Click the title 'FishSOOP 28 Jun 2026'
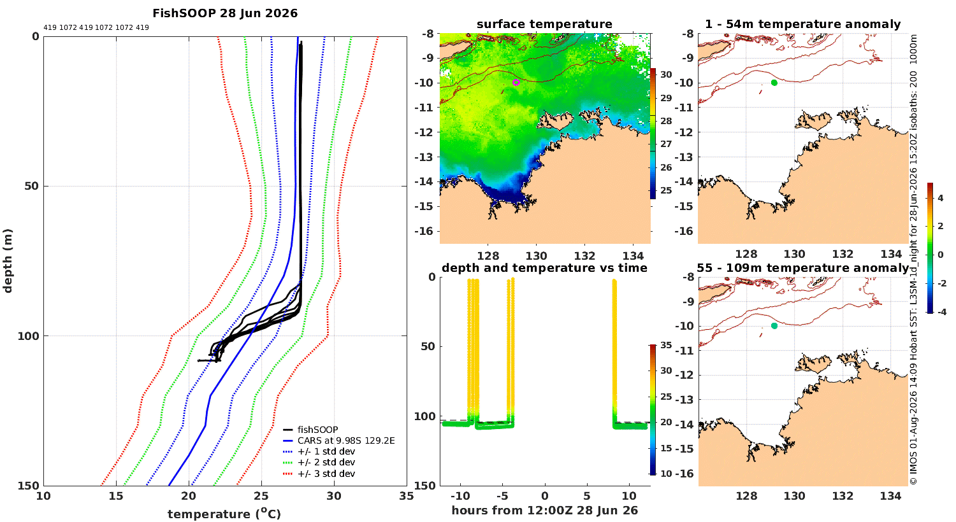point(225,13)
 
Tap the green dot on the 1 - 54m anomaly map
point(774,83)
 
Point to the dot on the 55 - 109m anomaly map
point(774,326)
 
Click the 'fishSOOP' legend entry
point(317,430)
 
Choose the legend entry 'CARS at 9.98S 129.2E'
point(346,441)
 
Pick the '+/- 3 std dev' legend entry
point(326,474)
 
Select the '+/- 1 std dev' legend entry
point(326,451)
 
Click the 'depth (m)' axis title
point(8,261)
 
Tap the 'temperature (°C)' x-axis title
point(224,514)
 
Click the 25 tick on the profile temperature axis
point(261,496)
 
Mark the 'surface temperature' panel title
point(544,24)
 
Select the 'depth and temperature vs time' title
point(544,267)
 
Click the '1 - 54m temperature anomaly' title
point(803,24)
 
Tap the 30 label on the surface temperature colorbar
point(666,74)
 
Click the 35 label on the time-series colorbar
point(666,345)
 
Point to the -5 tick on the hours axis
point(503,496)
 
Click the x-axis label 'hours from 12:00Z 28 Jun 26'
point(544,510)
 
